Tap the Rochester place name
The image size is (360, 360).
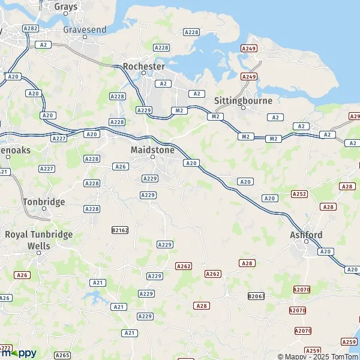(143, 65)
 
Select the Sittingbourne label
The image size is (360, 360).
(243, 100)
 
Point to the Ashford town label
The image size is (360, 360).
(306, 235)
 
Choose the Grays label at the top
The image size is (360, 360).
(66, 7)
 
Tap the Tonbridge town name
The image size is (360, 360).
(44, 202)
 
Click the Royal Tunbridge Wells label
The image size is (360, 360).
(38, 239)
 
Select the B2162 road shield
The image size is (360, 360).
(120, 229)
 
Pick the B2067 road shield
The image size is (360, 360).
(256, 296)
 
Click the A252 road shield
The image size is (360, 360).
(299, 194)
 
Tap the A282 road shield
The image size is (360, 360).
(30, 28)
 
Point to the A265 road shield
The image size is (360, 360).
(62, 355)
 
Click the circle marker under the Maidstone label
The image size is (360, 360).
(153, 157)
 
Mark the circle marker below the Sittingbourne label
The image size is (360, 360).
(243, 108)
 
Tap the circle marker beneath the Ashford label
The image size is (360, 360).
(306, 242)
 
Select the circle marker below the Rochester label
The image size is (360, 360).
(144, 73)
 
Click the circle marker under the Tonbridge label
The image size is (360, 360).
(44, 209)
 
